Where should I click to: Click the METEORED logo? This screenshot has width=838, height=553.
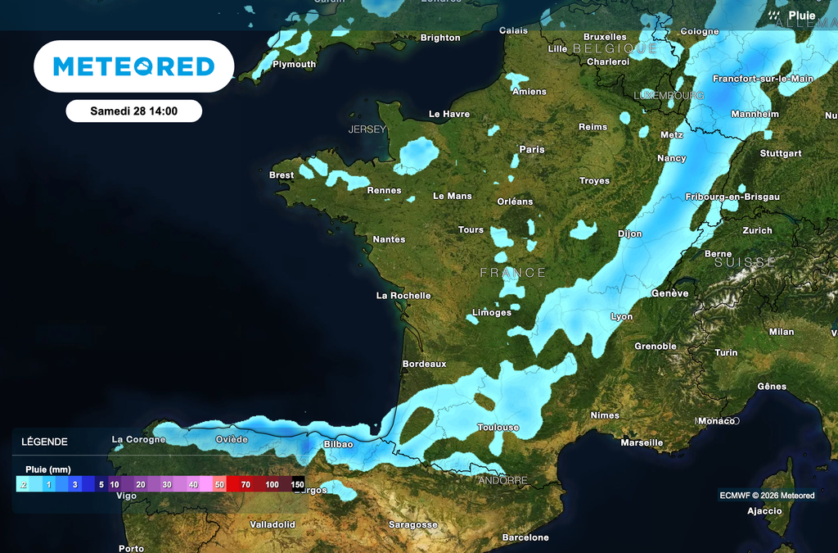[133, 66]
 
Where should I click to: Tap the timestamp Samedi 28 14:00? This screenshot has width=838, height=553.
[133, 111]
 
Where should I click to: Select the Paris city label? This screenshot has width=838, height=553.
[532, 150]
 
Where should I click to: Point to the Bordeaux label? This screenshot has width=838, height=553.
[425, 364]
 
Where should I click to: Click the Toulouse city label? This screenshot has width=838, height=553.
[498, 428]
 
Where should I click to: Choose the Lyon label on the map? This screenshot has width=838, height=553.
[621, 316]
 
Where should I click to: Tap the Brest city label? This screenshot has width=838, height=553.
[282, 175]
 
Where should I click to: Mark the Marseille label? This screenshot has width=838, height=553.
[642, 443]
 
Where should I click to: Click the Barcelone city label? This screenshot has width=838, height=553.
[525, 537]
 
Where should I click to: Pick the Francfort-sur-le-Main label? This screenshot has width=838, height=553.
[763, 79]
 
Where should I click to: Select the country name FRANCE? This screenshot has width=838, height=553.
[512, 273]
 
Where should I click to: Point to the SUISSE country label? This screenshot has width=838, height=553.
[745, 263]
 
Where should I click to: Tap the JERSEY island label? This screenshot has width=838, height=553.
[367, 129]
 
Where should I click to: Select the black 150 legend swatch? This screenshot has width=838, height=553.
[298, 484]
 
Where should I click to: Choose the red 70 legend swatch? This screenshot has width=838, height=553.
[246, 484]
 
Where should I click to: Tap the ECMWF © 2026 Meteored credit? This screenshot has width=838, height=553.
[767, 495]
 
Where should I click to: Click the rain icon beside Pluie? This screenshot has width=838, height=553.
[774, 16]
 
